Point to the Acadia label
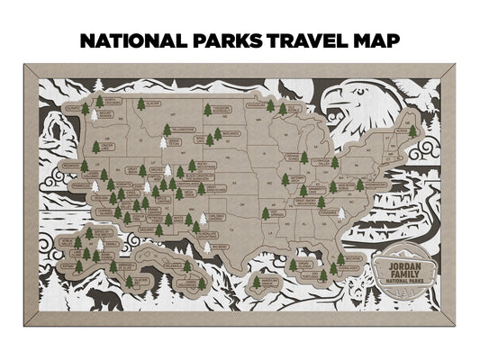404,116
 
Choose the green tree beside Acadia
413,130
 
